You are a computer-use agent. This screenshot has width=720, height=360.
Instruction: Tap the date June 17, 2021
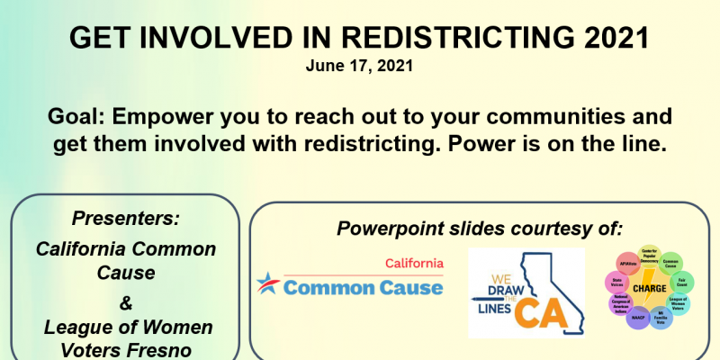[360, 67]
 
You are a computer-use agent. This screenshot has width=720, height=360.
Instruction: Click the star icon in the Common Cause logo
[268, 286]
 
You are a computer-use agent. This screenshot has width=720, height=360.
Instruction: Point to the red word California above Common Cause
[414, 264]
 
